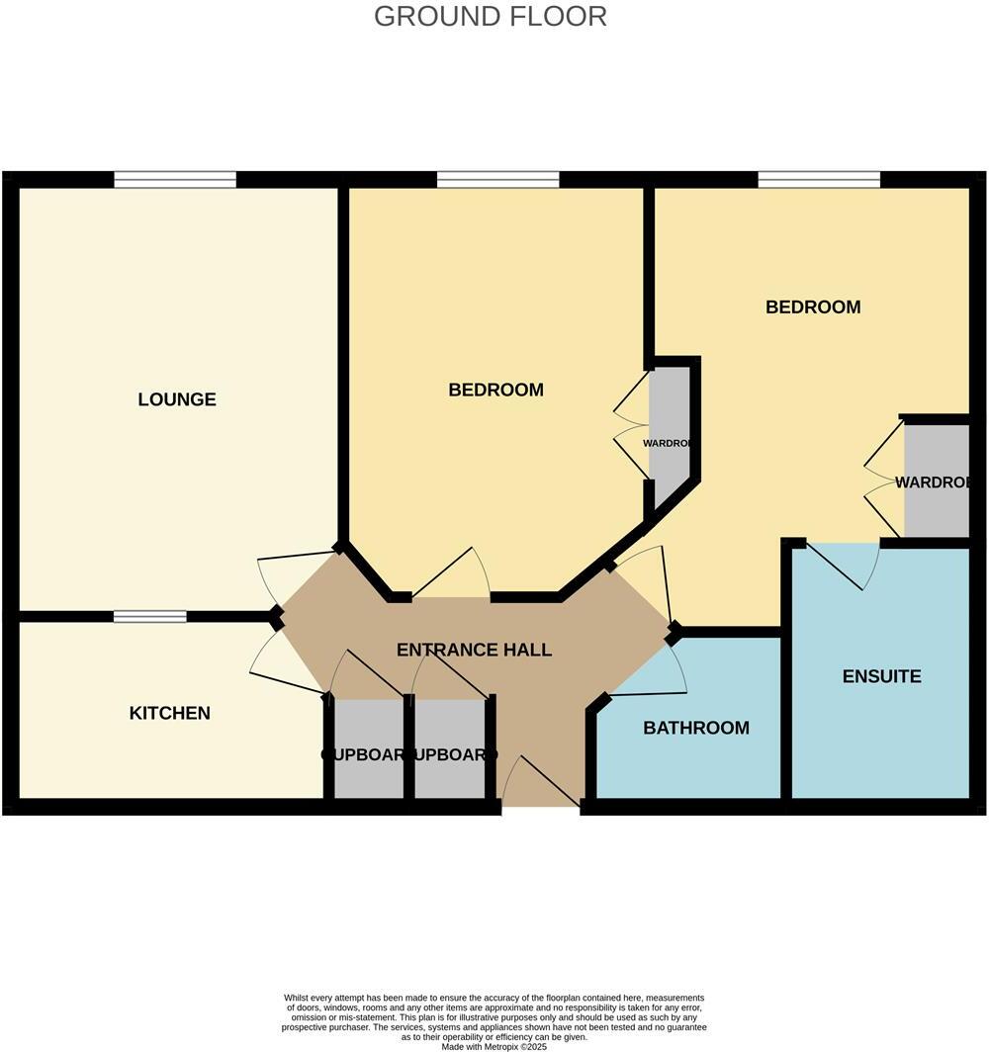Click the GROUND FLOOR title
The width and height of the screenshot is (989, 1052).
click(x=491, y=17)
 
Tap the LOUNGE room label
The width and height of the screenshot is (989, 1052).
click(x=177, y=399)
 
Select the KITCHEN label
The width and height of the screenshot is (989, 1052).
click(x=169, y=713)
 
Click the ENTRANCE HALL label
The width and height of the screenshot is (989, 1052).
click(x=474, y=650)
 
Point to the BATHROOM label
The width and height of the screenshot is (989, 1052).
click(x=695, y=728)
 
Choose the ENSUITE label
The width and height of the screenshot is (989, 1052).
click(x=881, y=676)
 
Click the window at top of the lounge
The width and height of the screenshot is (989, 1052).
click(x=175, y=180)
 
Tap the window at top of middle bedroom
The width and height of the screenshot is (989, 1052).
click(x=497, y=180)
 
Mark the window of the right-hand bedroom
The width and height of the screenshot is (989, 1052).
click(x=819, y=180)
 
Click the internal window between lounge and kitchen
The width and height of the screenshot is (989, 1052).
click(x=149, y=617)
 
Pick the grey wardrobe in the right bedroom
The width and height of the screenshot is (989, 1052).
click(x=936, y=482)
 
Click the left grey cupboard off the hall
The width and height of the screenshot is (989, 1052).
click(x=368, y=748)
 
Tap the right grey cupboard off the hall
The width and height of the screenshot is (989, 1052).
click(x=450, y=748)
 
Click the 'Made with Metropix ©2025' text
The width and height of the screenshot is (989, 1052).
click(x=494, y=1046)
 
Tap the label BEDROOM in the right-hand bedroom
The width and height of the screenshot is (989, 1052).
click(x=813, y=307)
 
